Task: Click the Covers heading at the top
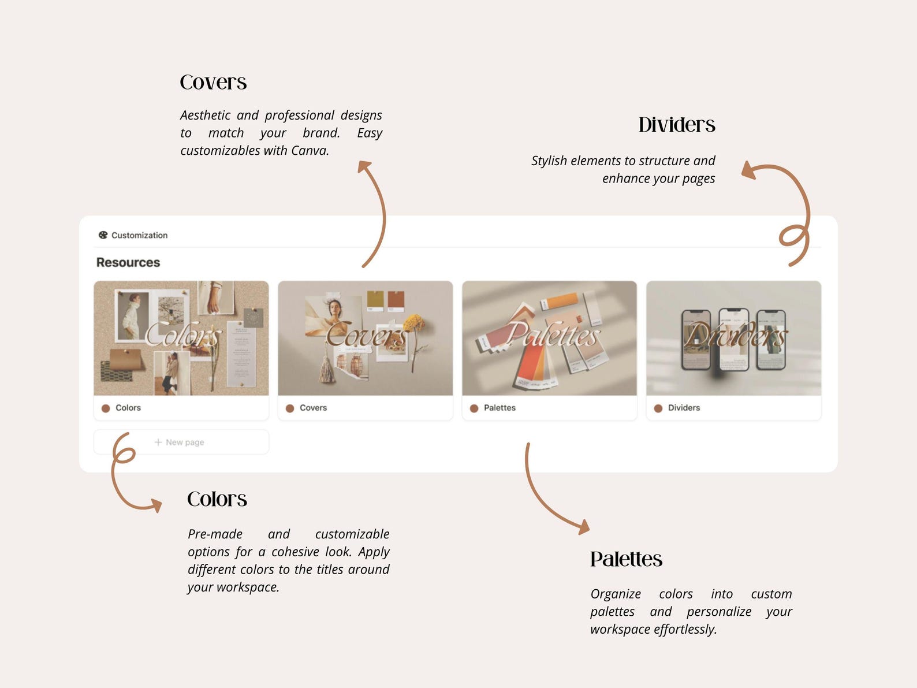click(213, 83)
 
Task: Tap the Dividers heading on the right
click(676, 125)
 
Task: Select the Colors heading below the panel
click(217, 499)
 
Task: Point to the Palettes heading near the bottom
click(626, 559)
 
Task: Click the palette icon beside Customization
click(103, 235)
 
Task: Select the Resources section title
click(128, 262)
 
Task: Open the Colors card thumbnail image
click(181, 338)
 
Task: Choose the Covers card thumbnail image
click(365, 338)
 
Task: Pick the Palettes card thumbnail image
click(549, 338)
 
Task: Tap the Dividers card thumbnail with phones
click(733, 338)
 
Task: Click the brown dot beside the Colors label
click(106, 408)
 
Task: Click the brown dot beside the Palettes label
click(474, 408)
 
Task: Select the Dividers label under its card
click(684, 408)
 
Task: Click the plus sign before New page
click(158, 442)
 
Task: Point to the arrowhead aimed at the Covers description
click(364, 166)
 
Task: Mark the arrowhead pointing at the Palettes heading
click(584, 526)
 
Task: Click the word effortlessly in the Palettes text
click(685, 630)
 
